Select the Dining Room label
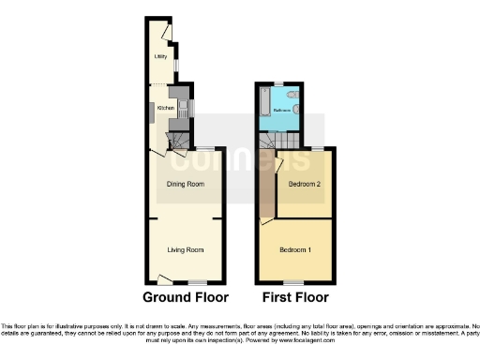click(x=186, y=184)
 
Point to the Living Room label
click(x=186, y=249)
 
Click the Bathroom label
click(x=281, y=111)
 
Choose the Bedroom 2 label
click(x=305, y=184)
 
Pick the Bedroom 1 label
click(x=296, y=249)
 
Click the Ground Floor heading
click(x=186, y=298)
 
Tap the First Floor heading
click(x=295, y=298)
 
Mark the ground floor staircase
click(x=175, y=141)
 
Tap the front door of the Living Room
click(x=165, y=277)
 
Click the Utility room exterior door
click(x=167, y=32)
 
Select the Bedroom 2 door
click(x=277, y=165)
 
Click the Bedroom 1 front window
click(x=296, y=281)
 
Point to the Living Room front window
click(x=196, y=281)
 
